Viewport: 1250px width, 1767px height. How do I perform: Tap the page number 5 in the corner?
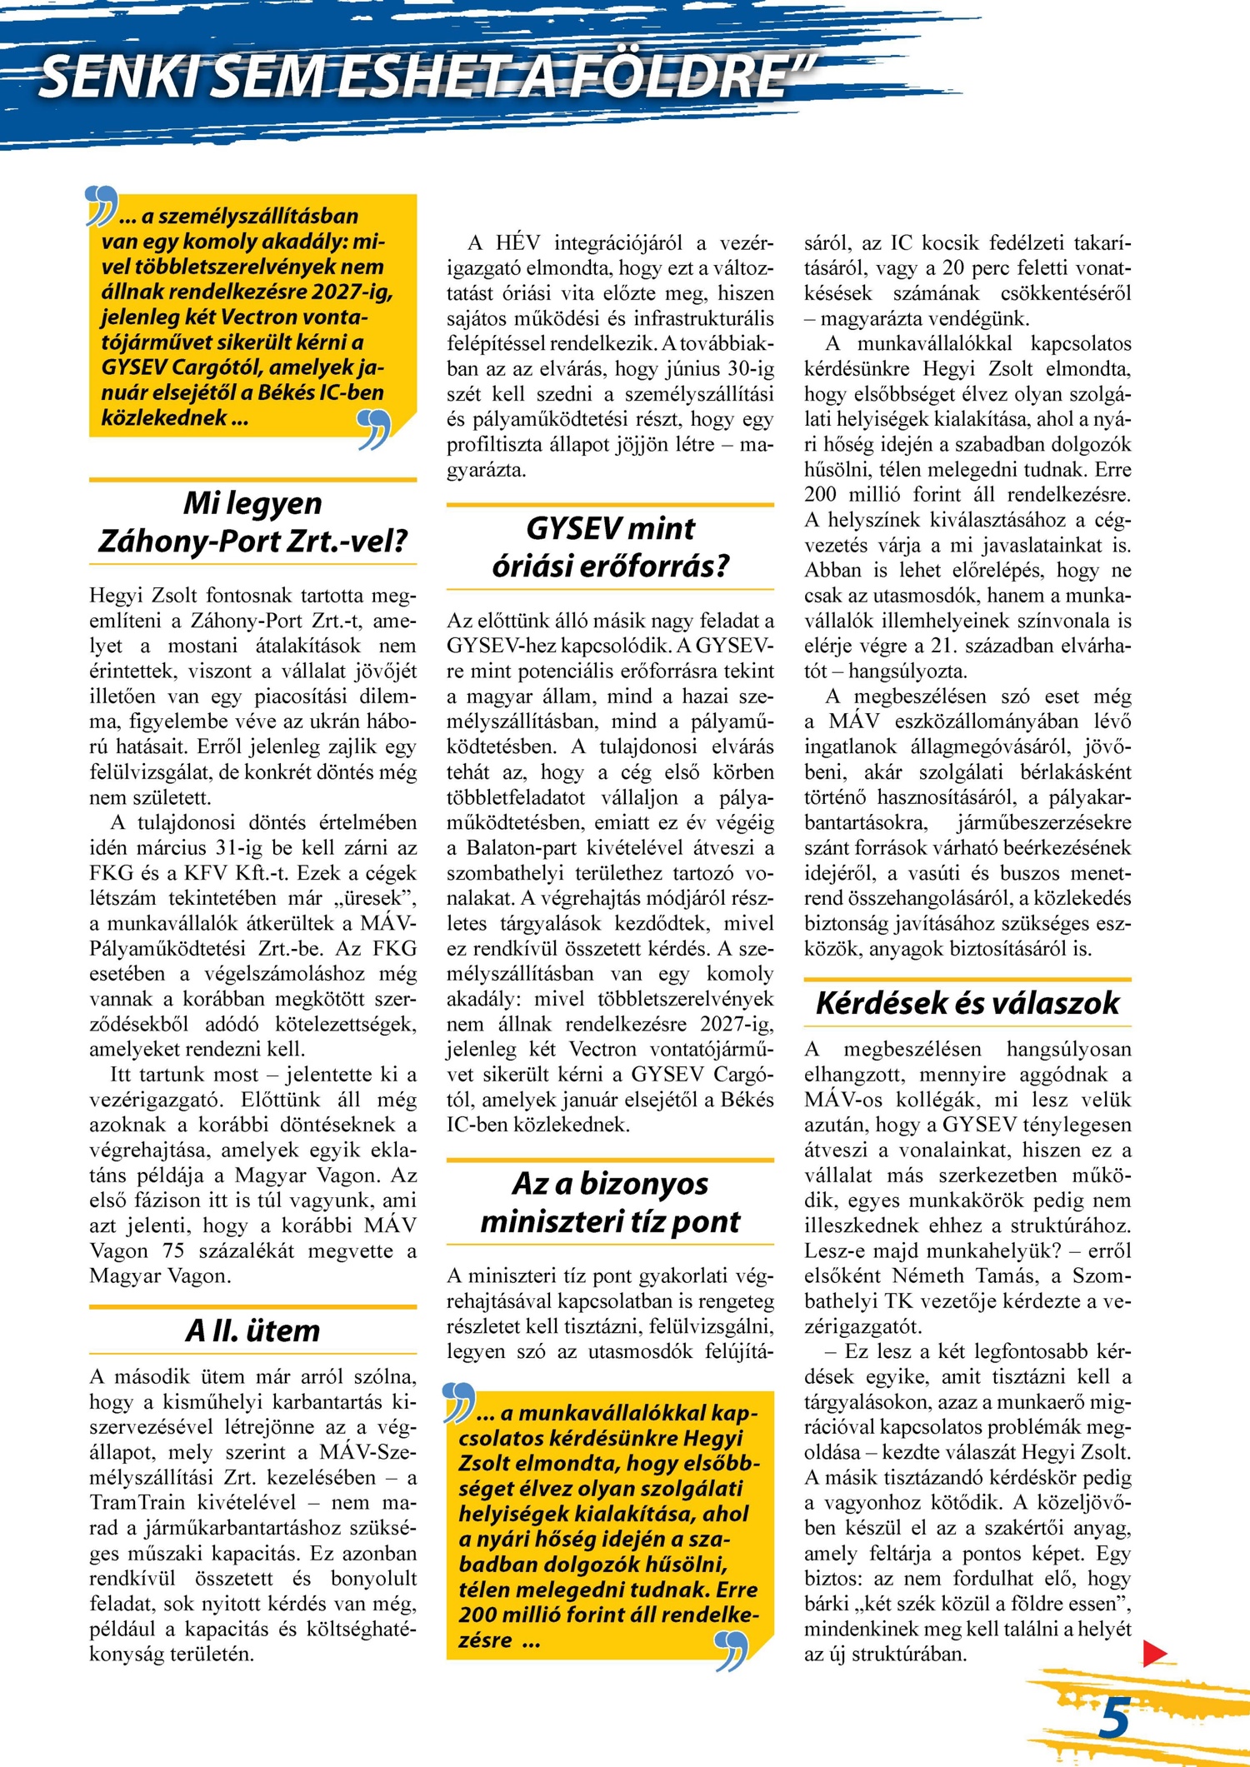1114,1719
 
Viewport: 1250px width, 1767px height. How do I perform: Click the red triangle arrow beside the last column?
1154,1653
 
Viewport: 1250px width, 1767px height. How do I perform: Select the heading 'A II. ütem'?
252,1330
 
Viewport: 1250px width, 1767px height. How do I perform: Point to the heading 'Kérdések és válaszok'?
967,1003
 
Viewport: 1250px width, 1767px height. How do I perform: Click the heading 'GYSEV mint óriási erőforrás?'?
610,547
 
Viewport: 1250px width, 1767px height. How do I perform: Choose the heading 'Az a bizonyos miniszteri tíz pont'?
610,1202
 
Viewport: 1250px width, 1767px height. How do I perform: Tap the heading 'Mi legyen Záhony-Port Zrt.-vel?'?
252,522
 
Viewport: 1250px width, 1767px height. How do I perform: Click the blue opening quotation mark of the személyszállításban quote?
102,206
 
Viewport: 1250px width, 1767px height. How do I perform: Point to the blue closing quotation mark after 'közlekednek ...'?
373,429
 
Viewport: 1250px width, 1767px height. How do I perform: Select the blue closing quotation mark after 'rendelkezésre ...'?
731,1651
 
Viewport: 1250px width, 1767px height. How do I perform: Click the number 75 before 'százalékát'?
173,1250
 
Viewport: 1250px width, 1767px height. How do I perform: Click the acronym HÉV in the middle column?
517,242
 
